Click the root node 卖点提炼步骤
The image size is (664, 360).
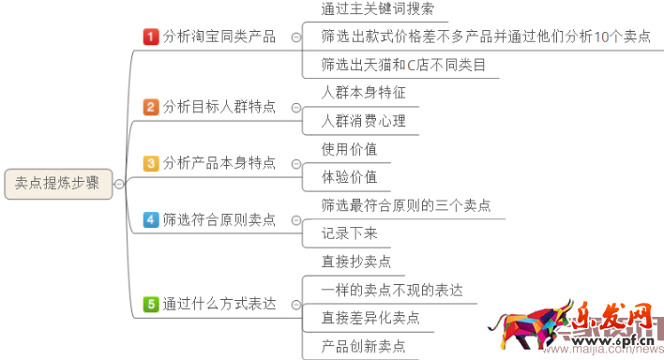(x=57, y=184)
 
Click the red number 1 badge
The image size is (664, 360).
(x=151, y=37)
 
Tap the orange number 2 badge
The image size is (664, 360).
(x=151, y=107)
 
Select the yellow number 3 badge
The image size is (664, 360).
(x=151, y=163)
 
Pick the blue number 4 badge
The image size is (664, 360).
(x=151, y=219)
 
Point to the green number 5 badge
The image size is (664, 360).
(x=151, y=304)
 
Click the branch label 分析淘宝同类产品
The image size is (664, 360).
(x=219, y=37)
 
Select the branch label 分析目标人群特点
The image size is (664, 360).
(x=219, y=107)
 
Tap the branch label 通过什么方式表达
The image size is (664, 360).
(x=219, y=304)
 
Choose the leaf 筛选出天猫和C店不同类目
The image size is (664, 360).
(x=398, y=66)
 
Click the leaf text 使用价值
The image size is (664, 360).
(x=349, y=149)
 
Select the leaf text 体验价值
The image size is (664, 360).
(x=349, y=177)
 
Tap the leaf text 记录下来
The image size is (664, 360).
(x=349, y=233)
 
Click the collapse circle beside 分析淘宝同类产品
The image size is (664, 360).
(x=296, y=37)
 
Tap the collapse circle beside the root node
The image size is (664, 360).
(x=119, y=184)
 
